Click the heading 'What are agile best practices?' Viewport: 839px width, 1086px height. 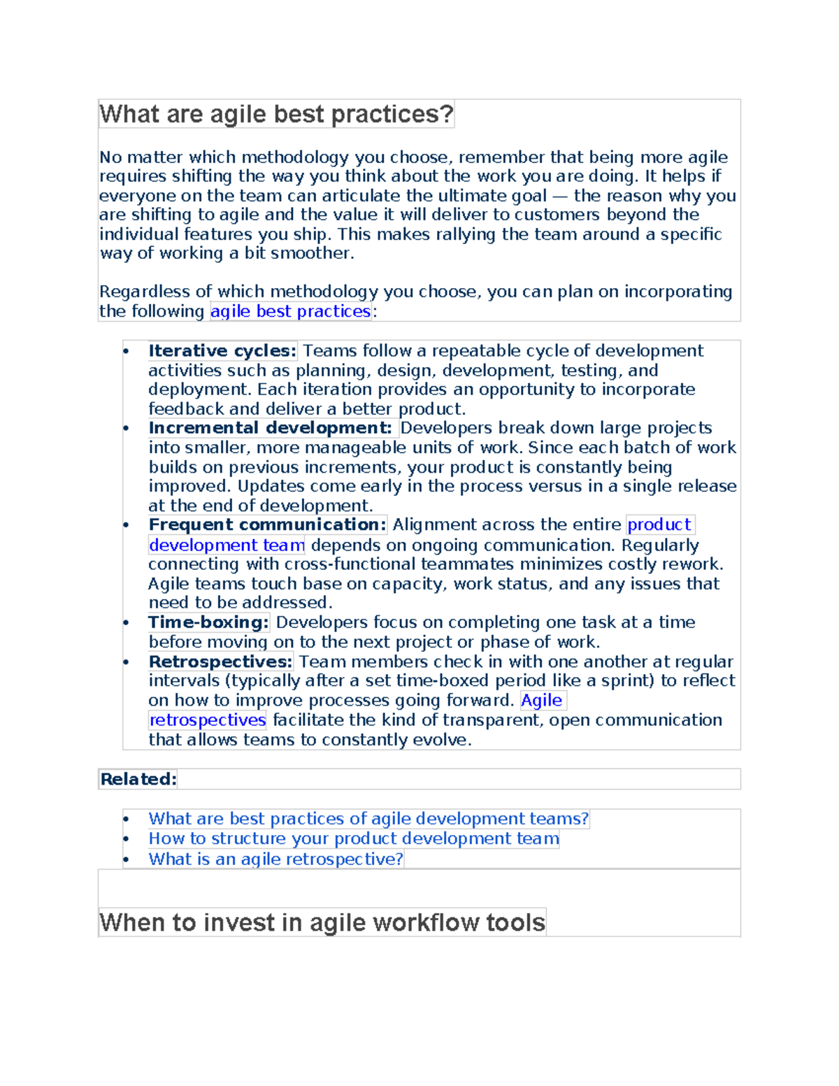click(276, 114)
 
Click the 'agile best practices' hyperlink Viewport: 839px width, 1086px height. click(290, 311)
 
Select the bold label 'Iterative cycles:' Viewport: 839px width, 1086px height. click(222, 351)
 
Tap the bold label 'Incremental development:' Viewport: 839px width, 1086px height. click(270, 428)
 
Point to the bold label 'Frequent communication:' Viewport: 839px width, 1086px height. click(267, 524)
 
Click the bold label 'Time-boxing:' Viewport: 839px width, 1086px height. click(208, 622)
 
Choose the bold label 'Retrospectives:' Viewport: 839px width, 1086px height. click(220, 662)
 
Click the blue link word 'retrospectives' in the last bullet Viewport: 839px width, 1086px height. click(208, 720)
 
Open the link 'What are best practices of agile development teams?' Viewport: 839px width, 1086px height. click(368, 819)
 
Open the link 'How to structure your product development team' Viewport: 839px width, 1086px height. click(354, 838)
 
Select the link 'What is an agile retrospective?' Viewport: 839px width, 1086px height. click(275, 859)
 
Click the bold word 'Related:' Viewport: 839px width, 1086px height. click(138, 779)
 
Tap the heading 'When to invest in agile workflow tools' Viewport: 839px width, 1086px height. click(322, 922)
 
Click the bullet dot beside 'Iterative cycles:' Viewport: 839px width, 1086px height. click(126, 352)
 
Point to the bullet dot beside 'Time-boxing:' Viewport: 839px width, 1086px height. click(126, 623)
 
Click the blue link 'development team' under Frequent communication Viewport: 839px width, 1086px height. click(227, 545)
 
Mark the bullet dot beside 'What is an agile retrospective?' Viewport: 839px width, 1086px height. click(126, 859)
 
